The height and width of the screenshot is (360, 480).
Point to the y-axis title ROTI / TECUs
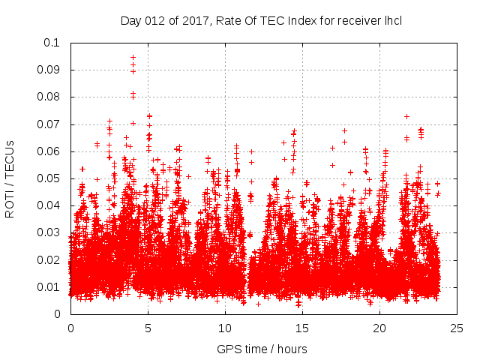(10, 178)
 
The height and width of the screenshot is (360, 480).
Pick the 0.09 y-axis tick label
(50, 70)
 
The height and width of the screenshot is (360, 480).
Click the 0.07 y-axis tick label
(50, 124)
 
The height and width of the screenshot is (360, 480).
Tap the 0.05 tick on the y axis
(50, 178)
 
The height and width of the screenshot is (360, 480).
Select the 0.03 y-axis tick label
(50, 232)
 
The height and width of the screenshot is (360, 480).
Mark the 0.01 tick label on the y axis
(50, 287)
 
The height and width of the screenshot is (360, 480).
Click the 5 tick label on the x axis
(148, 328)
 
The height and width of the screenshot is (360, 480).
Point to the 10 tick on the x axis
(225, 328)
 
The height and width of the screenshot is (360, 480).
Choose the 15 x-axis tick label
(302, 328)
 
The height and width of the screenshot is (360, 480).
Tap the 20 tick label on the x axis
(379, 328)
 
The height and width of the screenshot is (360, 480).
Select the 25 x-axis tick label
(457, 328)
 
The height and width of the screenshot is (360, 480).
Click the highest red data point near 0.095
(133, 57)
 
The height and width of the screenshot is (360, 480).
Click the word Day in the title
(130, 20)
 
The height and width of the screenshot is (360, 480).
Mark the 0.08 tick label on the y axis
(50, 97)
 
